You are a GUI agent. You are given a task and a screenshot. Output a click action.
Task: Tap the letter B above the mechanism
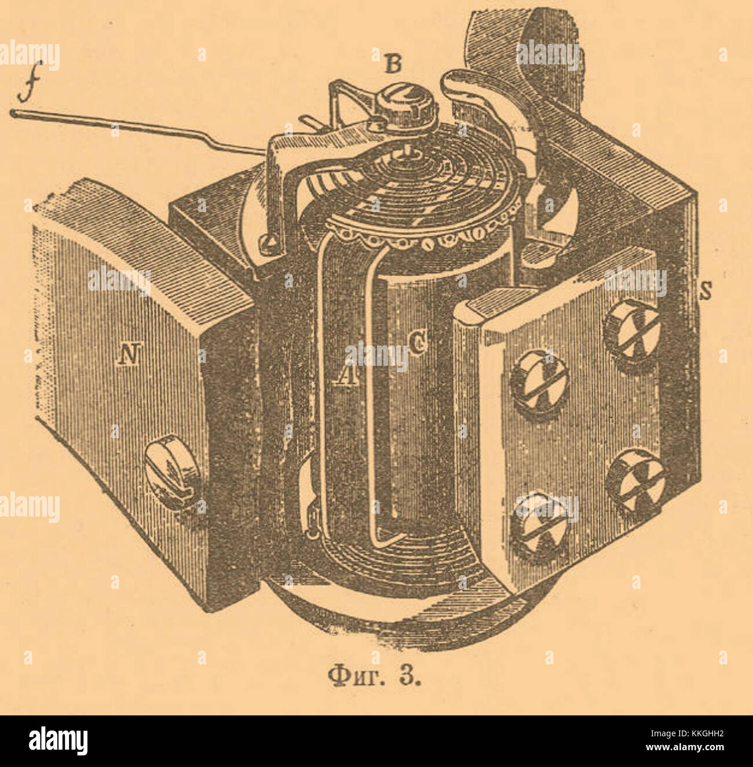pos(393,65)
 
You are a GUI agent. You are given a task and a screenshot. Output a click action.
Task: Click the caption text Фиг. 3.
pos(374,676)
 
